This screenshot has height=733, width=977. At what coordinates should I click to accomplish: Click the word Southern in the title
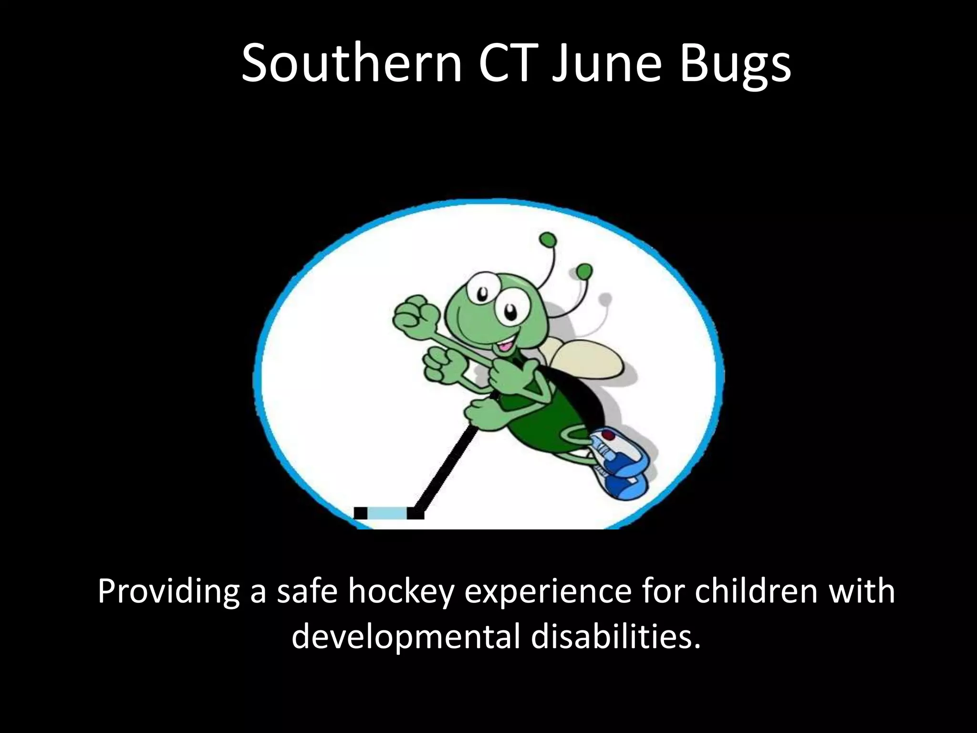pos(352,63)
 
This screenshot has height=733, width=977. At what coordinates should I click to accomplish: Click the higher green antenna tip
pos(548,239)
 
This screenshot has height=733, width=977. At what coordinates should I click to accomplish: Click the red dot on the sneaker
pos(609,435)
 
